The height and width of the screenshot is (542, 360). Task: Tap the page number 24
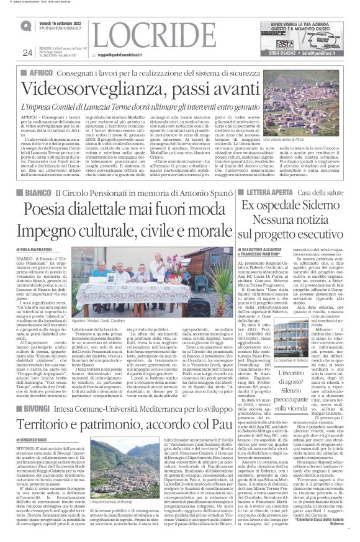26,53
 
